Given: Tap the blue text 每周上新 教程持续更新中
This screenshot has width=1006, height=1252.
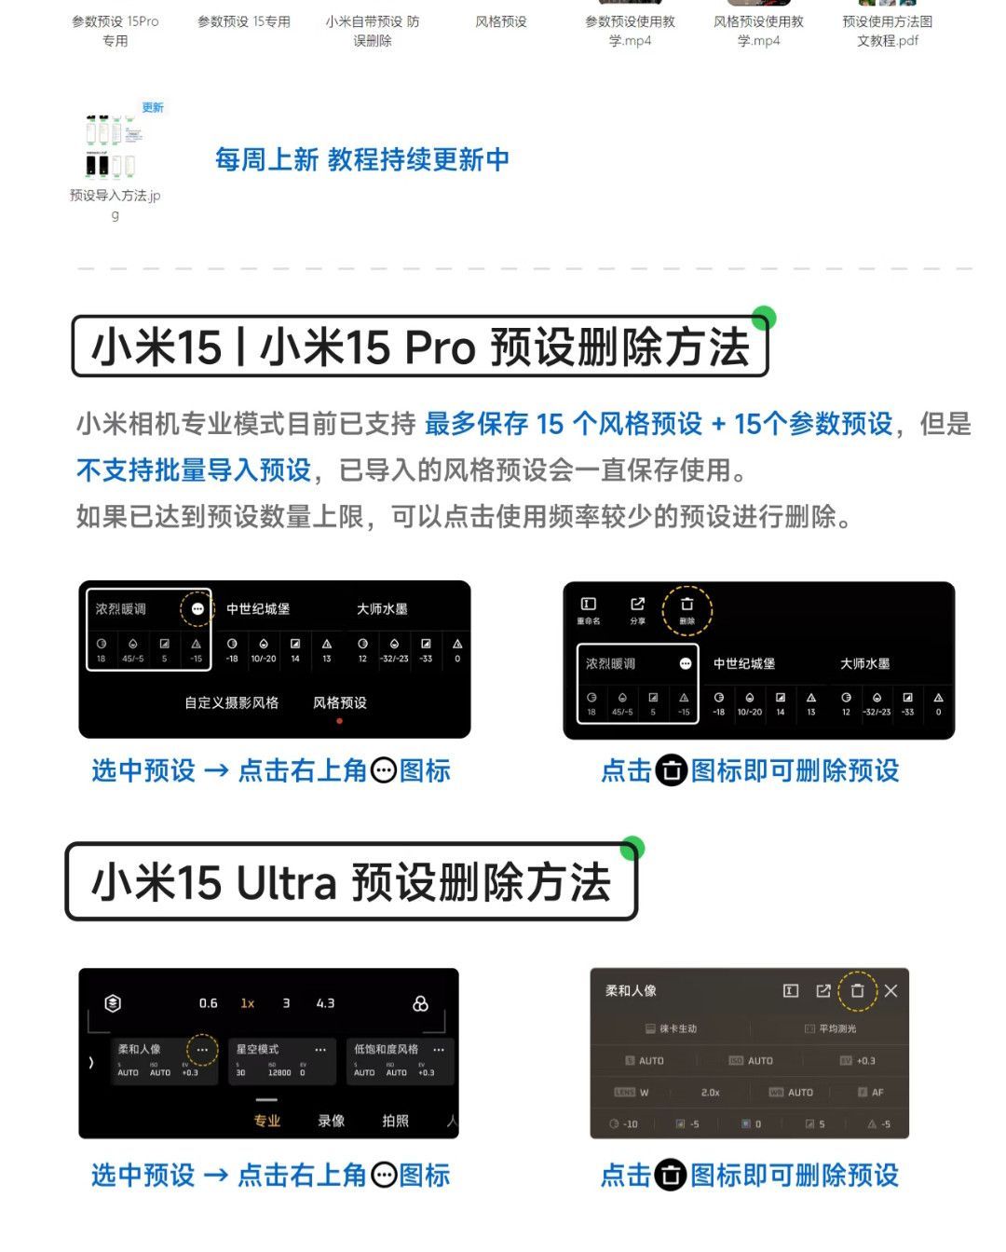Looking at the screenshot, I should point(362,159).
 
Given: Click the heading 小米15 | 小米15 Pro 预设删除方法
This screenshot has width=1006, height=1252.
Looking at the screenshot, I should point(420,347).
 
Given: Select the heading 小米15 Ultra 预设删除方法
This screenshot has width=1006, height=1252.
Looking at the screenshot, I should point(351,882).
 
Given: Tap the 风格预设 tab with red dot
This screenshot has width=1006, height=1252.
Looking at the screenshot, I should point(340,703).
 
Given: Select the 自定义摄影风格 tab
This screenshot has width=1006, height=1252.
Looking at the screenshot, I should point(231,703).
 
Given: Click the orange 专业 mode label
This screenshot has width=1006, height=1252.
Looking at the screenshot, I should point(267,1121).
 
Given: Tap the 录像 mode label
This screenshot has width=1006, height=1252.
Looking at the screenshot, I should point(332,1121).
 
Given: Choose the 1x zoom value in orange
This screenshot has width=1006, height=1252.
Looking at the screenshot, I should point(248,1003).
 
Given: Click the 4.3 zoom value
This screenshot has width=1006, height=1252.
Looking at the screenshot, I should point(325,1003).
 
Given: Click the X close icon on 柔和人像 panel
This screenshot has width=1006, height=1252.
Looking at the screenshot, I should point(890,991).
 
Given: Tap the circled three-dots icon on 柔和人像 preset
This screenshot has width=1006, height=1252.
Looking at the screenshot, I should point(202,1050).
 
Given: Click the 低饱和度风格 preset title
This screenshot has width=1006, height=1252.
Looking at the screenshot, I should point(386,1050).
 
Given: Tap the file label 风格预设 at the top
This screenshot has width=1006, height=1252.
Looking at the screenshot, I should point(501,21).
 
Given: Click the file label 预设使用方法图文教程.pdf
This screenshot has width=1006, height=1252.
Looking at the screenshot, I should point(888,31).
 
